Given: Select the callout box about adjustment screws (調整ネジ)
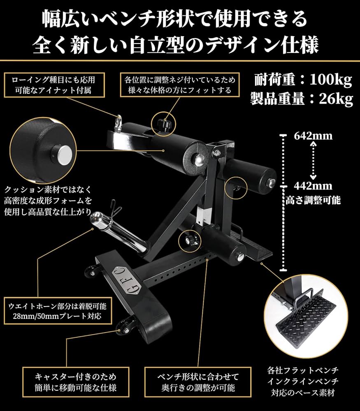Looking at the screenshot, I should (178, 85).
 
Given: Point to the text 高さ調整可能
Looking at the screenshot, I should (313, 201).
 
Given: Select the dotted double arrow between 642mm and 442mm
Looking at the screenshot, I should (314, 160).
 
